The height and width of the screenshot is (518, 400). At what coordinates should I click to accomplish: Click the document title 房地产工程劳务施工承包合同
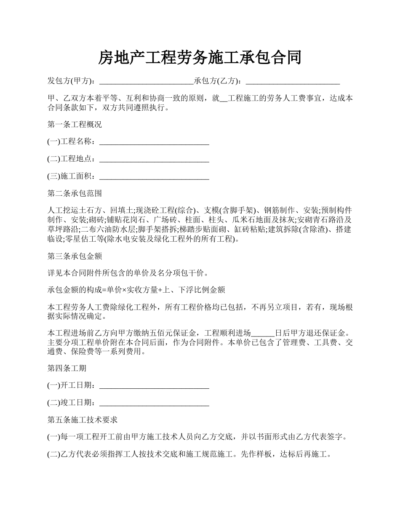coord(200,57)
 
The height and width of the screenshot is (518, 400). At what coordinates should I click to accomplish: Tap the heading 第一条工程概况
coord(75,125)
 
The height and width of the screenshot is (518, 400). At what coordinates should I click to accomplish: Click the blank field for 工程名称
coord(154,142)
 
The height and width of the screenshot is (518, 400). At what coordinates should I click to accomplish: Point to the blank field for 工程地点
coord(154,159)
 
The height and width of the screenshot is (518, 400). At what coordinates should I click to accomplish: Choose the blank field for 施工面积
coord(154,176)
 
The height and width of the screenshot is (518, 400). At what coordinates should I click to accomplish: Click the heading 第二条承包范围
coord(75,194)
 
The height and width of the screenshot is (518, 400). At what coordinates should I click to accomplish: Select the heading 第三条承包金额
coord(75,256)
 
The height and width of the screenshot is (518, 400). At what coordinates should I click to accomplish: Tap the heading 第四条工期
coord(67,368)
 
